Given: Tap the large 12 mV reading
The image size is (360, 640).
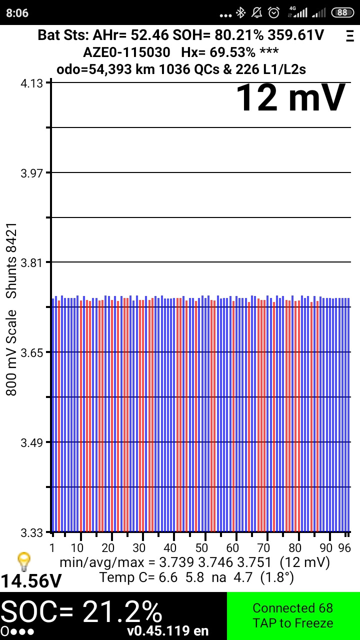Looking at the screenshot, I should coord(290,98).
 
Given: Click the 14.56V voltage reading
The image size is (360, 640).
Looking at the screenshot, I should coord(31,581).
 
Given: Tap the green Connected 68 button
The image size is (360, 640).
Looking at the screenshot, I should coord(293,616).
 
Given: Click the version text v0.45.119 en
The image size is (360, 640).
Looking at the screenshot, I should coord(168,631).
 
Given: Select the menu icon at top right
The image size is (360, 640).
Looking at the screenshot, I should coord(349,35).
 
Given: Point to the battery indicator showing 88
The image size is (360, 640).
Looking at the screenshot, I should coord(342,12).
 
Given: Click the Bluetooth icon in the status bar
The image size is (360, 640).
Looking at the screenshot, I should coord(241,12).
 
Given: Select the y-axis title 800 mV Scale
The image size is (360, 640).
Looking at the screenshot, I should coord(11,352).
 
